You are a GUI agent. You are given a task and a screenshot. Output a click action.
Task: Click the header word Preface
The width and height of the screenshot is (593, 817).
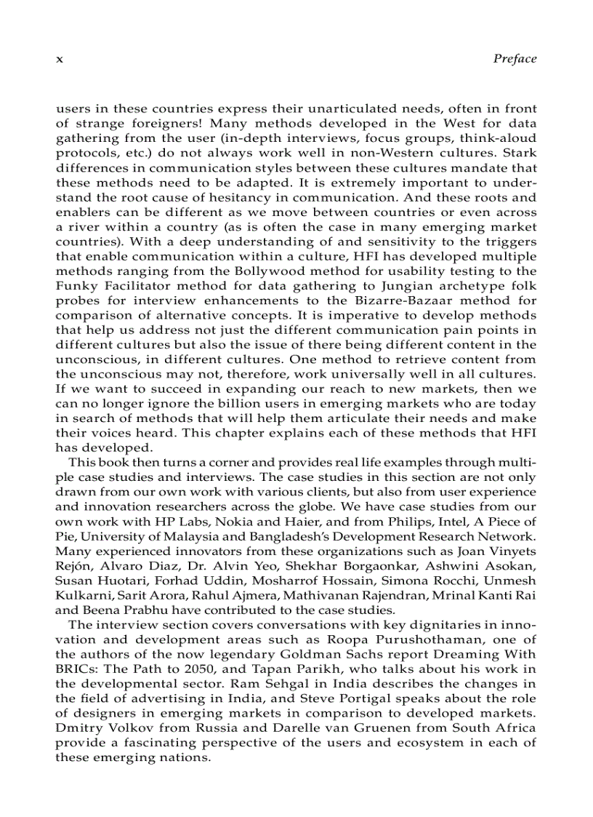[x=514, y=59]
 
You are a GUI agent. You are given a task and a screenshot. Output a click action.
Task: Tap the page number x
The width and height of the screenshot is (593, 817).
[x=60, y=60]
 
